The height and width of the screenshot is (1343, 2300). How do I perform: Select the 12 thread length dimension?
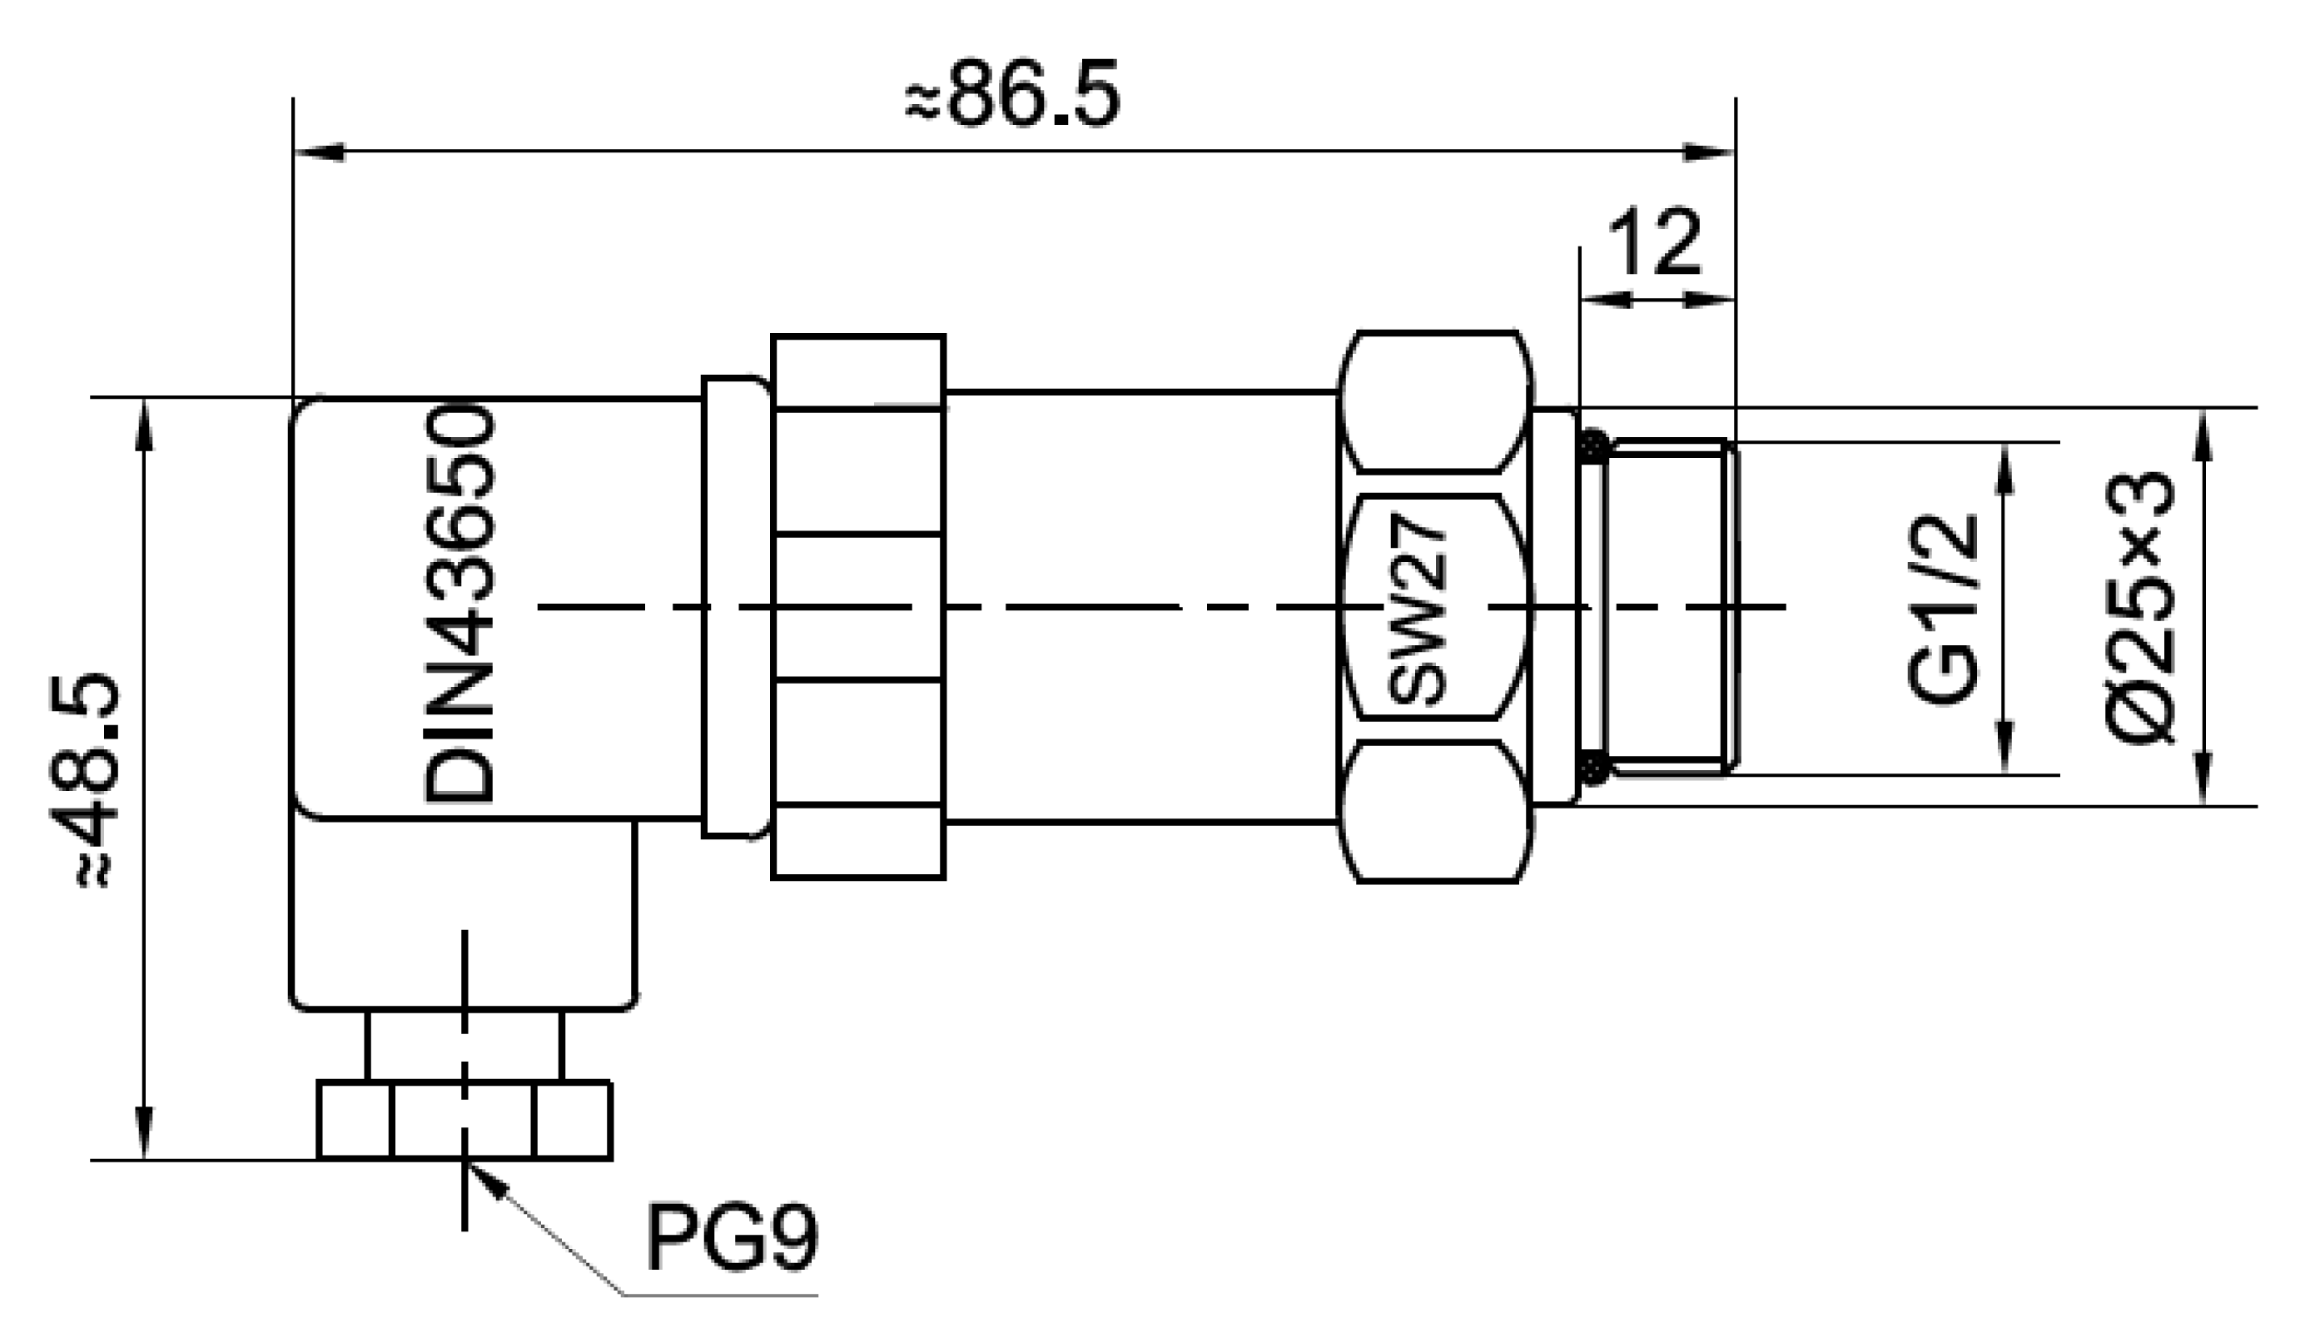click(1655, 242)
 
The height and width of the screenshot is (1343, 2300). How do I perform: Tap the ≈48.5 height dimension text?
click(95, 781)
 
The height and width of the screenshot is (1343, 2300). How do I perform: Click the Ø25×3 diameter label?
click(2139, 606)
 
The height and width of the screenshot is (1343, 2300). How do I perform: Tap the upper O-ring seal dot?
click(1593, 446)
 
